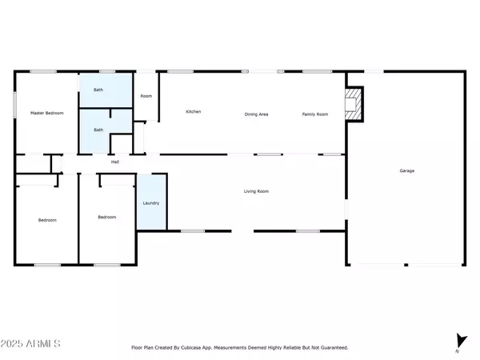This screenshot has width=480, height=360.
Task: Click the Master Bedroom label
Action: (46, 114)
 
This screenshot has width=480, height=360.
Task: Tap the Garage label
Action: (407, 170)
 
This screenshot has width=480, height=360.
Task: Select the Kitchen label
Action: (193, 111)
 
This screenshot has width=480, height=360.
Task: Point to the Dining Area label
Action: (256, 114)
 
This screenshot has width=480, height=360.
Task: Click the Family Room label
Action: (314, 114)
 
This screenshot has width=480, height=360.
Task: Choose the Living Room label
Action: (256, 191)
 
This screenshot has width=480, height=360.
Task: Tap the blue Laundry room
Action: (151, 203)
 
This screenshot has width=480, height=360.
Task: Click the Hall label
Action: (115, 162)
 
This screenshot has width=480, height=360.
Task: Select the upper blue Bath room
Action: (105, 90)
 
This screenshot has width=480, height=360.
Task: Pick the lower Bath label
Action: (98, 130)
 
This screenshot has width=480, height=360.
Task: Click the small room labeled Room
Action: (146, 96)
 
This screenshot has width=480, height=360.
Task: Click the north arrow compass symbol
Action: (459, 342)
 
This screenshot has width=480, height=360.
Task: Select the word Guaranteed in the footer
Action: (334, 348)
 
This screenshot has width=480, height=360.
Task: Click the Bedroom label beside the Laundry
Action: (106, 217)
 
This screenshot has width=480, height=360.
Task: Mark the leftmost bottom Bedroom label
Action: (46, 220)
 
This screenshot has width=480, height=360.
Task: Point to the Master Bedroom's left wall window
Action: (15, 103)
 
